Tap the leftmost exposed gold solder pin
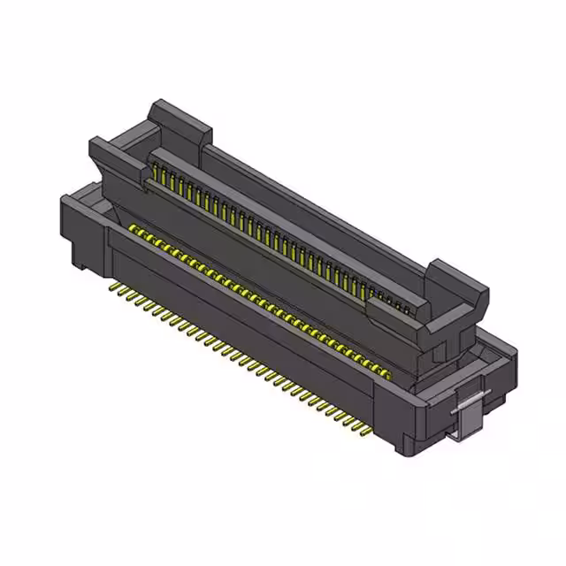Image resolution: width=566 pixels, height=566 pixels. [x=111, y=287]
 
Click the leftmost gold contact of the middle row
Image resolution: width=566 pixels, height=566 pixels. [x=133, y=229]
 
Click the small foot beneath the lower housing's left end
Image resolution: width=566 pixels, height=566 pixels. [x=80, y=262]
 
